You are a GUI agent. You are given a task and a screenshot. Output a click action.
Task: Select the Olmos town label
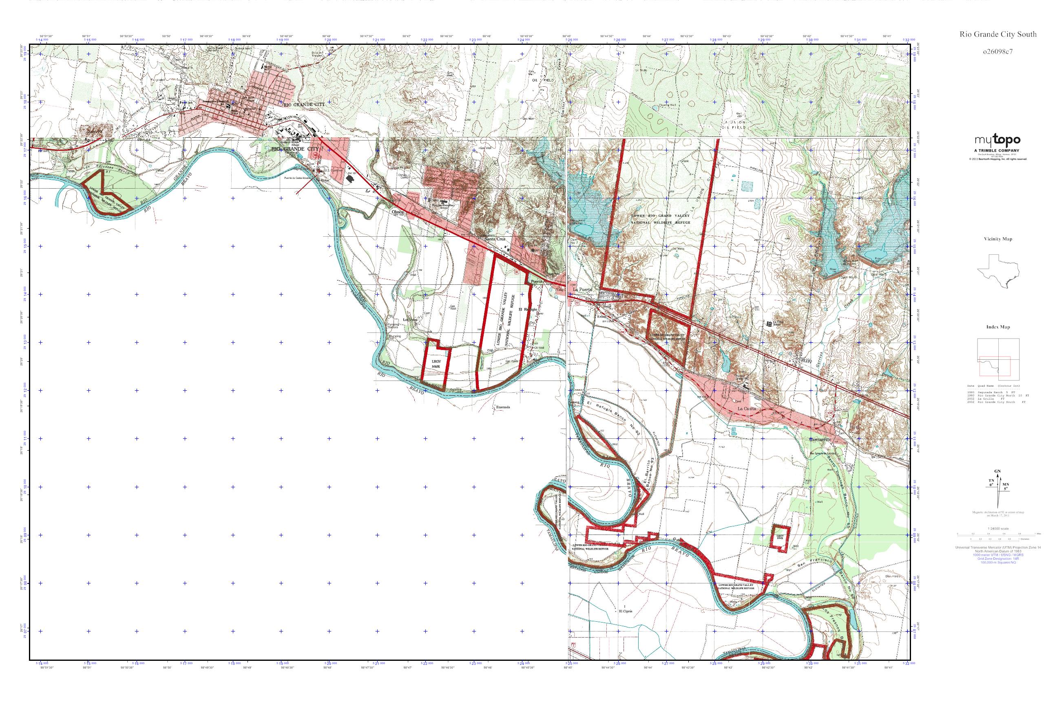(x=399, y=211)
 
